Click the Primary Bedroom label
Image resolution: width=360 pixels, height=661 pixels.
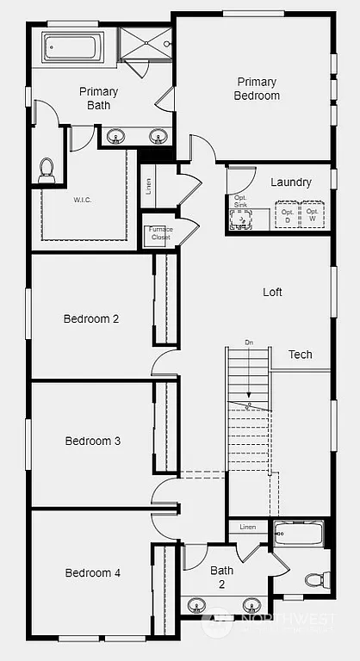[258, 89]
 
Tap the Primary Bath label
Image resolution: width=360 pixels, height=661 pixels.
[98, 98]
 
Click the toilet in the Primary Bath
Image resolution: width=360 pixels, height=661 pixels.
[47, 170]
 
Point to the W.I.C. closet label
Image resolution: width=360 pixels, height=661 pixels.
[84, 199]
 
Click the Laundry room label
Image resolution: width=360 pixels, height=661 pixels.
[290, 182]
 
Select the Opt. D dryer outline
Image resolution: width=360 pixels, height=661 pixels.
[287, 215]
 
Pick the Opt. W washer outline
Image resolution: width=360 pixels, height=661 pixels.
[313, 215]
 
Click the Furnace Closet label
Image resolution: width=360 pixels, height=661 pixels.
[160, 233]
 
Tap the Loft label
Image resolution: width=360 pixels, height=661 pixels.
[272, 292]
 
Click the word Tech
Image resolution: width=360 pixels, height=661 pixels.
[300, 355]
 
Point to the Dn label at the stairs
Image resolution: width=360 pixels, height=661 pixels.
[249, 343]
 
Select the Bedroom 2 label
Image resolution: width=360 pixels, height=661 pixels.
[91, 318]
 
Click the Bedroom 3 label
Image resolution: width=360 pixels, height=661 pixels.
[92, 442]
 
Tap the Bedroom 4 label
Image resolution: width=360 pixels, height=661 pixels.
[92, 572]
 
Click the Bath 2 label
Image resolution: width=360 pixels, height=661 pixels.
[222, 577]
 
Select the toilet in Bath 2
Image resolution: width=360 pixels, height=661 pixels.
[313, 580]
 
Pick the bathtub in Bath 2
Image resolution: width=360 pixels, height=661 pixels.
[298, 534]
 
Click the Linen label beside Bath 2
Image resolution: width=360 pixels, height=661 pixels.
[248, 527]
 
